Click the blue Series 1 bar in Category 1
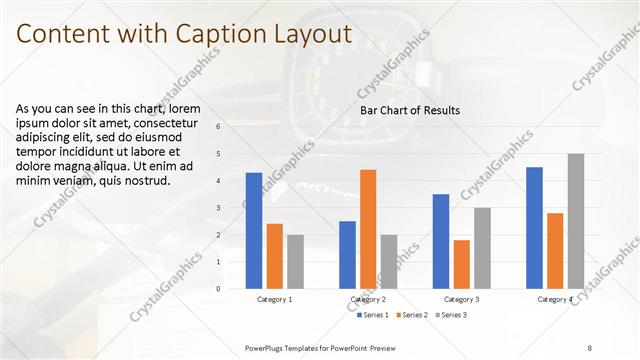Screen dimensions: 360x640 click(x=254, y=231)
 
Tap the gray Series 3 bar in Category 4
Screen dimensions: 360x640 click(x=575, y=221)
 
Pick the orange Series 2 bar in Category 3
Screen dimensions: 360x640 click(x=461, y=264)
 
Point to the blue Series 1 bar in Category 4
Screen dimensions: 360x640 click(x=534, y=228)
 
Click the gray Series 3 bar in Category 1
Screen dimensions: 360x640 click(x=294, y=262)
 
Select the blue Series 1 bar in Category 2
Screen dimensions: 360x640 click(x=347, y=255)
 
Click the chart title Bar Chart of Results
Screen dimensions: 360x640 click(x=410, y=110)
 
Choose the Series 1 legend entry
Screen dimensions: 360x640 click(x=374, y=315)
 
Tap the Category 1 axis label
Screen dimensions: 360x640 click(x=274, y=299)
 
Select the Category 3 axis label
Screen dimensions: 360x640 click(x=461, y=299)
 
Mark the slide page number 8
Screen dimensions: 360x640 click(x=589, y=347)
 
